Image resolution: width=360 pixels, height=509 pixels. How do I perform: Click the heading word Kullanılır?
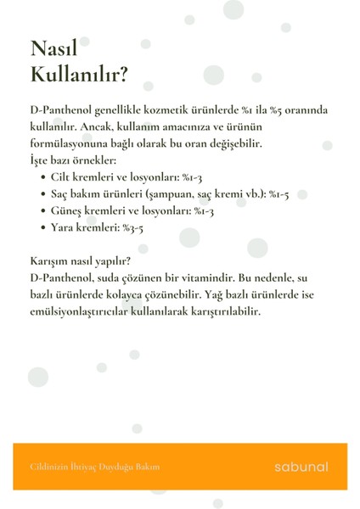[78, 76]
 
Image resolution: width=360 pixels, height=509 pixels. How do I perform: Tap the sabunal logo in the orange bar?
[301, 467]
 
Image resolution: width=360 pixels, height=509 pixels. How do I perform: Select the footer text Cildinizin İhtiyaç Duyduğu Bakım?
[94, 467]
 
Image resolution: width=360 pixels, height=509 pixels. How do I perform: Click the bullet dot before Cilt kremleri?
[44, 177]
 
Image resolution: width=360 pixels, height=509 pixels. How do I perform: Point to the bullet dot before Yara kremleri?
[44, 227]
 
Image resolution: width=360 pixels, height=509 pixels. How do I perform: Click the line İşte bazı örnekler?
[72, 160]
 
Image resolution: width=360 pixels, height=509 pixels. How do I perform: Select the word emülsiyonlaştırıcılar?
[86, 311]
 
